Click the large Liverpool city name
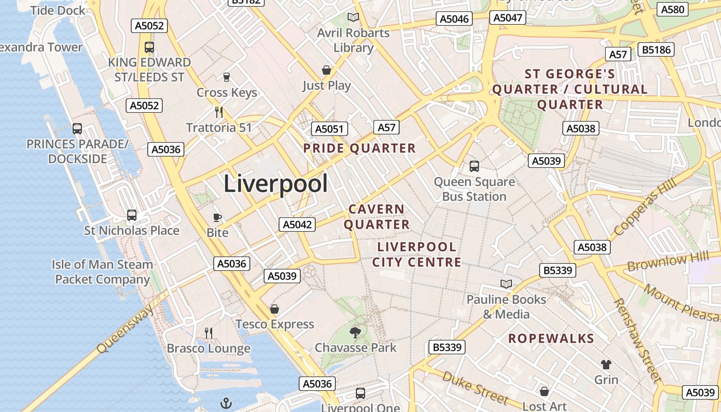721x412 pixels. click(x=276, y=184)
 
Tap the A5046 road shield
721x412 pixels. click(x=454, y=19)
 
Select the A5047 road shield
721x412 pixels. click(x=508, y=18)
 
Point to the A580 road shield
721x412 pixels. click(x=673, y=9)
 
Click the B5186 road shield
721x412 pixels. click(x=656, y=49)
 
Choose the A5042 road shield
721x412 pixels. click(x=297, y=225)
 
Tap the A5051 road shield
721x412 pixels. click(x=330, y=129)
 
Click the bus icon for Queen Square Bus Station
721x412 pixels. click(x=474, y=166)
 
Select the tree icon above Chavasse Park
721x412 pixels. click(x=355, y=332)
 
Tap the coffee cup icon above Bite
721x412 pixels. click(x=217, y=217)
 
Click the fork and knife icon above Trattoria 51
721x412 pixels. click(x=219, y=112)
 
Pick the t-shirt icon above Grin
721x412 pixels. click(x=606, y=365)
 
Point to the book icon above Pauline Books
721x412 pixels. click(x=506, y=284)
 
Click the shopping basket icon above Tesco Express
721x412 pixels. click(x=274, y=309)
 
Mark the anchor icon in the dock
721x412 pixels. click(x=226, y=403)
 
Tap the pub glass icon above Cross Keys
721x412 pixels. click(x=226, y=77)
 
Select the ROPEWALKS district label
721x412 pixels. click(x=551, y=338)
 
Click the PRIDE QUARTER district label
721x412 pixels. click(x=359, y=148)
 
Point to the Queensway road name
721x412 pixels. click(x=125, y=329)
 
